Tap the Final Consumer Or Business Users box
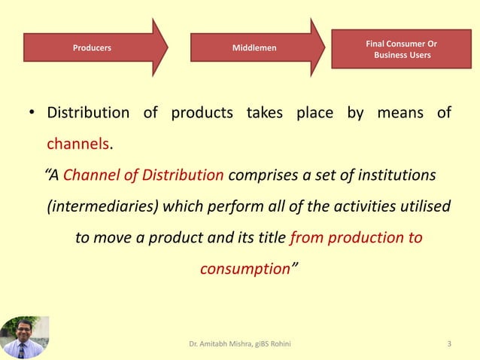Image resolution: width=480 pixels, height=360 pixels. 401,49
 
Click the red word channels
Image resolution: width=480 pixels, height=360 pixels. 78,142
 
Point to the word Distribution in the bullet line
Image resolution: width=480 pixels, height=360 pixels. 88,114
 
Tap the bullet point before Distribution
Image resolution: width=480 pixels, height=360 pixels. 32,114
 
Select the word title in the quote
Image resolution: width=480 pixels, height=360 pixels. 266,238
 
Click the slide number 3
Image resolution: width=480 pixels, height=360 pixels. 449,345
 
